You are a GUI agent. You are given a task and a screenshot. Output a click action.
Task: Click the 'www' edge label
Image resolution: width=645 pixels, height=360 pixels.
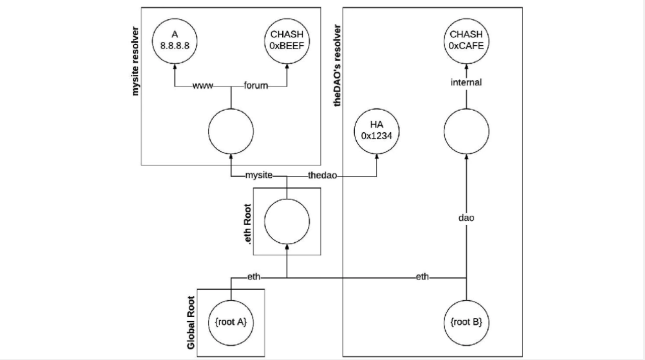(203, 86)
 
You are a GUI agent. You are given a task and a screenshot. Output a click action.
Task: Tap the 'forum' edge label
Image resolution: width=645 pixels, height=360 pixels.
(256, 86)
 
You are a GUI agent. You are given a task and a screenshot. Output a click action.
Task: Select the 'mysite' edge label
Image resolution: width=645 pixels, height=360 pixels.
(259, 175)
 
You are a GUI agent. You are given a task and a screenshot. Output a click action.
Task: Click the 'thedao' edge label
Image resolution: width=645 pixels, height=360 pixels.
(322, 175)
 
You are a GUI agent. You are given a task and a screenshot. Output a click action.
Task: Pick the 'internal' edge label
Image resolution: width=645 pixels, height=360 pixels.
(466, 82)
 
